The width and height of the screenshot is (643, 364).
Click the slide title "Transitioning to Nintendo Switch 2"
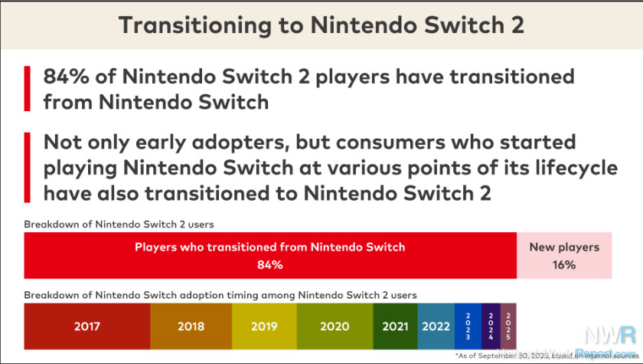321,25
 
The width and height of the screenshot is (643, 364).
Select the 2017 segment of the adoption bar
86,326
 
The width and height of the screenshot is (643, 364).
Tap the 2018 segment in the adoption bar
191,326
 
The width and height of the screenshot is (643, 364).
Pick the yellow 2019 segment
263,326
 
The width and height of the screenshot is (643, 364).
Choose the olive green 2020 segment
335,326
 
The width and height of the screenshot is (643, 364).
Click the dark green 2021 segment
396,326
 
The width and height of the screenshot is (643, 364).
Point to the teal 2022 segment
436,326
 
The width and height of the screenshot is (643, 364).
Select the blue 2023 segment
467,326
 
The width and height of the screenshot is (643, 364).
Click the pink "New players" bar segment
565,256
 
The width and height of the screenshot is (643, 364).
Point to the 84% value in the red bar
270,265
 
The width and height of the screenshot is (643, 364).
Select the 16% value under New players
565,265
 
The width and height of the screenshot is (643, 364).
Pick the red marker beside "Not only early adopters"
28,167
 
